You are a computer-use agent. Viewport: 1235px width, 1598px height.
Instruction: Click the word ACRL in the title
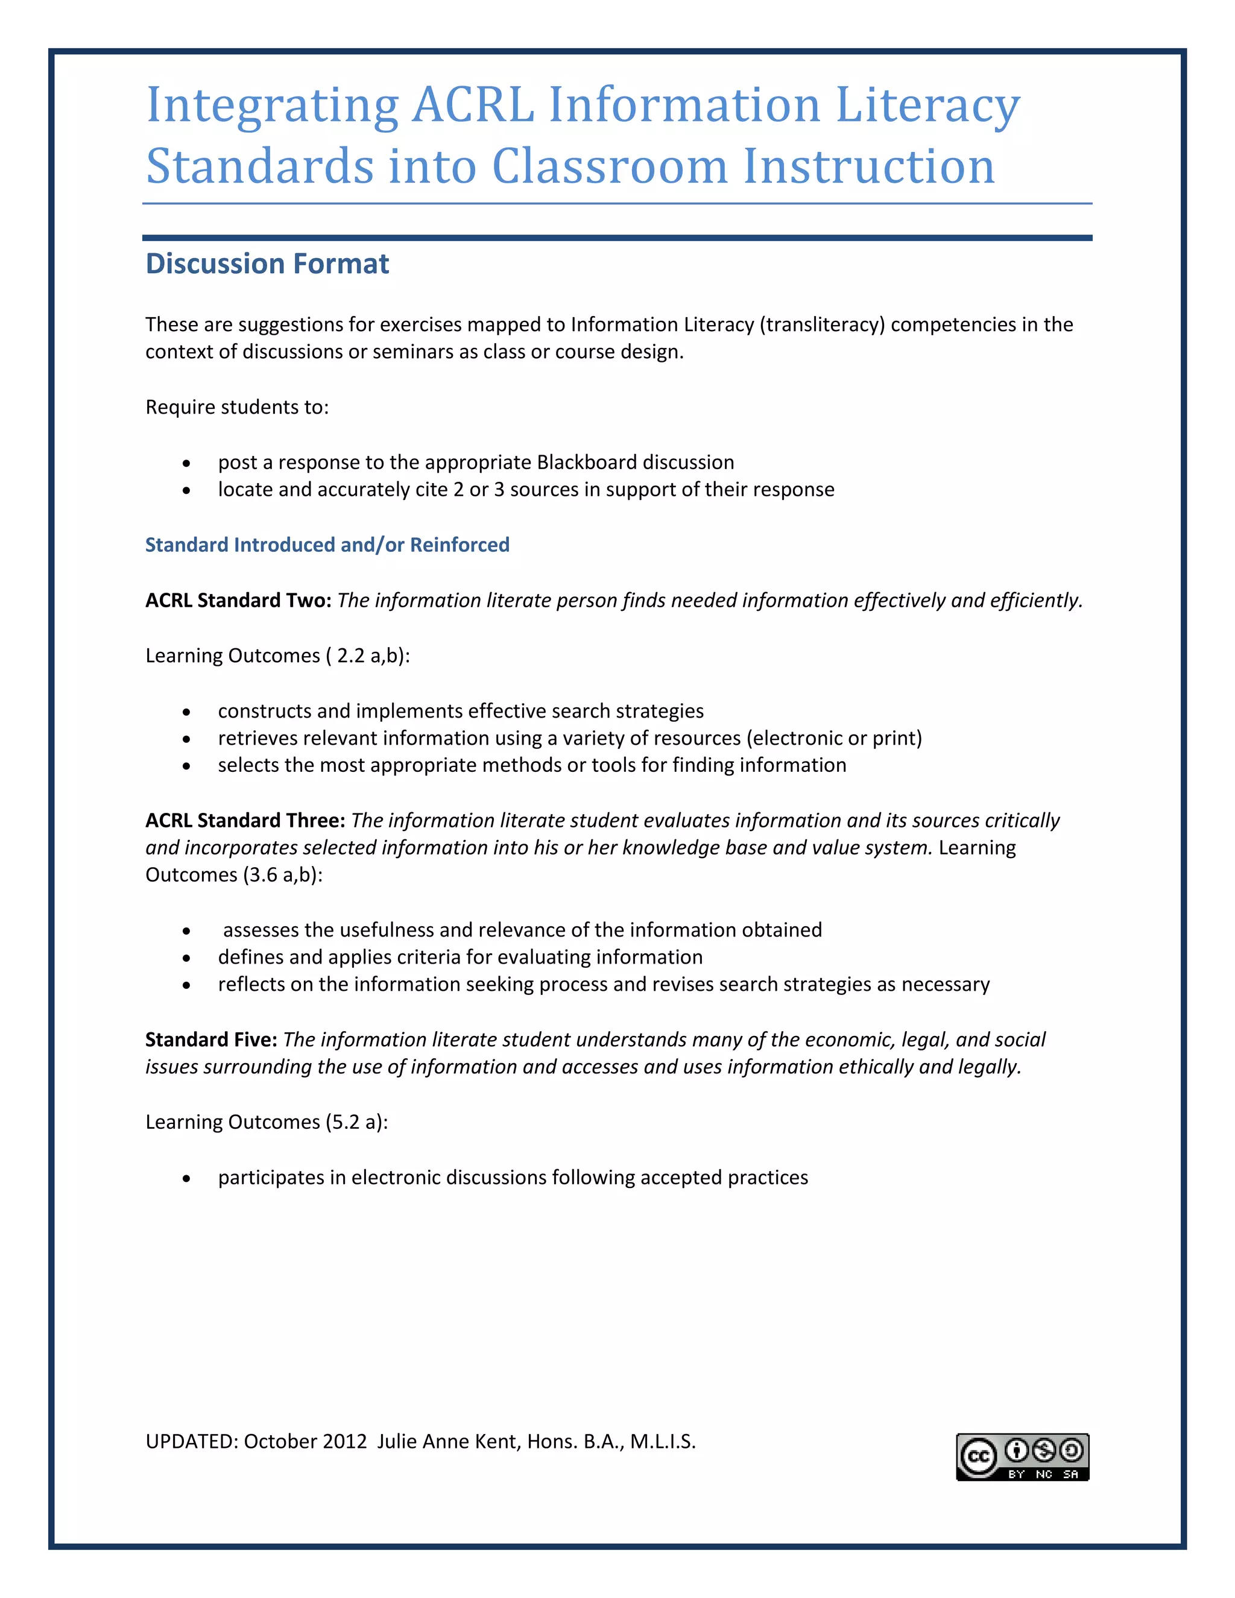point(473,105)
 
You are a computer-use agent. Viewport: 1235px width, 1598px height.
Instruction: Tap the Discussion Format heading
point(267,264)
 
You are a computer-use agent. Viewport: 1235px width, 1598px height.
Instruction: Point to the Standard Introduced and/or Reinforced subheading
point(327,545)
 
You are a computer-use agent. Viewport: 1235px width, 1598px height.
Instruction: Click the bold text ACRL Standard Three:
point(245,820)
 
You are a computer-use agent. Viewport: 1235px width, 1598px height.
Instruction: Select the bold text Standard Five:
point(210,1040)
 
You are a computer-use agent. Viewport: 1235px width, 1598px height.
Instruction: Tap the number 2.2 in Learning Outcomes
point(350,655)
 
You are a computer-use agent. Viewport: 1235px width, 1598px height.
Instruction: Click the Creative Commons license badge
point(1022,1457)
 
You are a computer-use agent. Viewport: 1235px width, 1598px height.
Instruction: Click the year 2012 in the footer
point(344,1441)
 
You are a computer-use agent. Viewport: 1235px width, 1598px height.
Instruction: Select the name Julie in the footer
point(397,1441)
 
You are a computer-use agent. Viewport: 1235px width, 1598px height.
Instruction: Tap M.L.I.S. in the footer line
point(662,1441)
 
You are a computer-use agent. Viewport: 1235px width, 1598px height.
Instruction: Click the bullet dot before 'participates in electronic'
point(186,1179)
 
